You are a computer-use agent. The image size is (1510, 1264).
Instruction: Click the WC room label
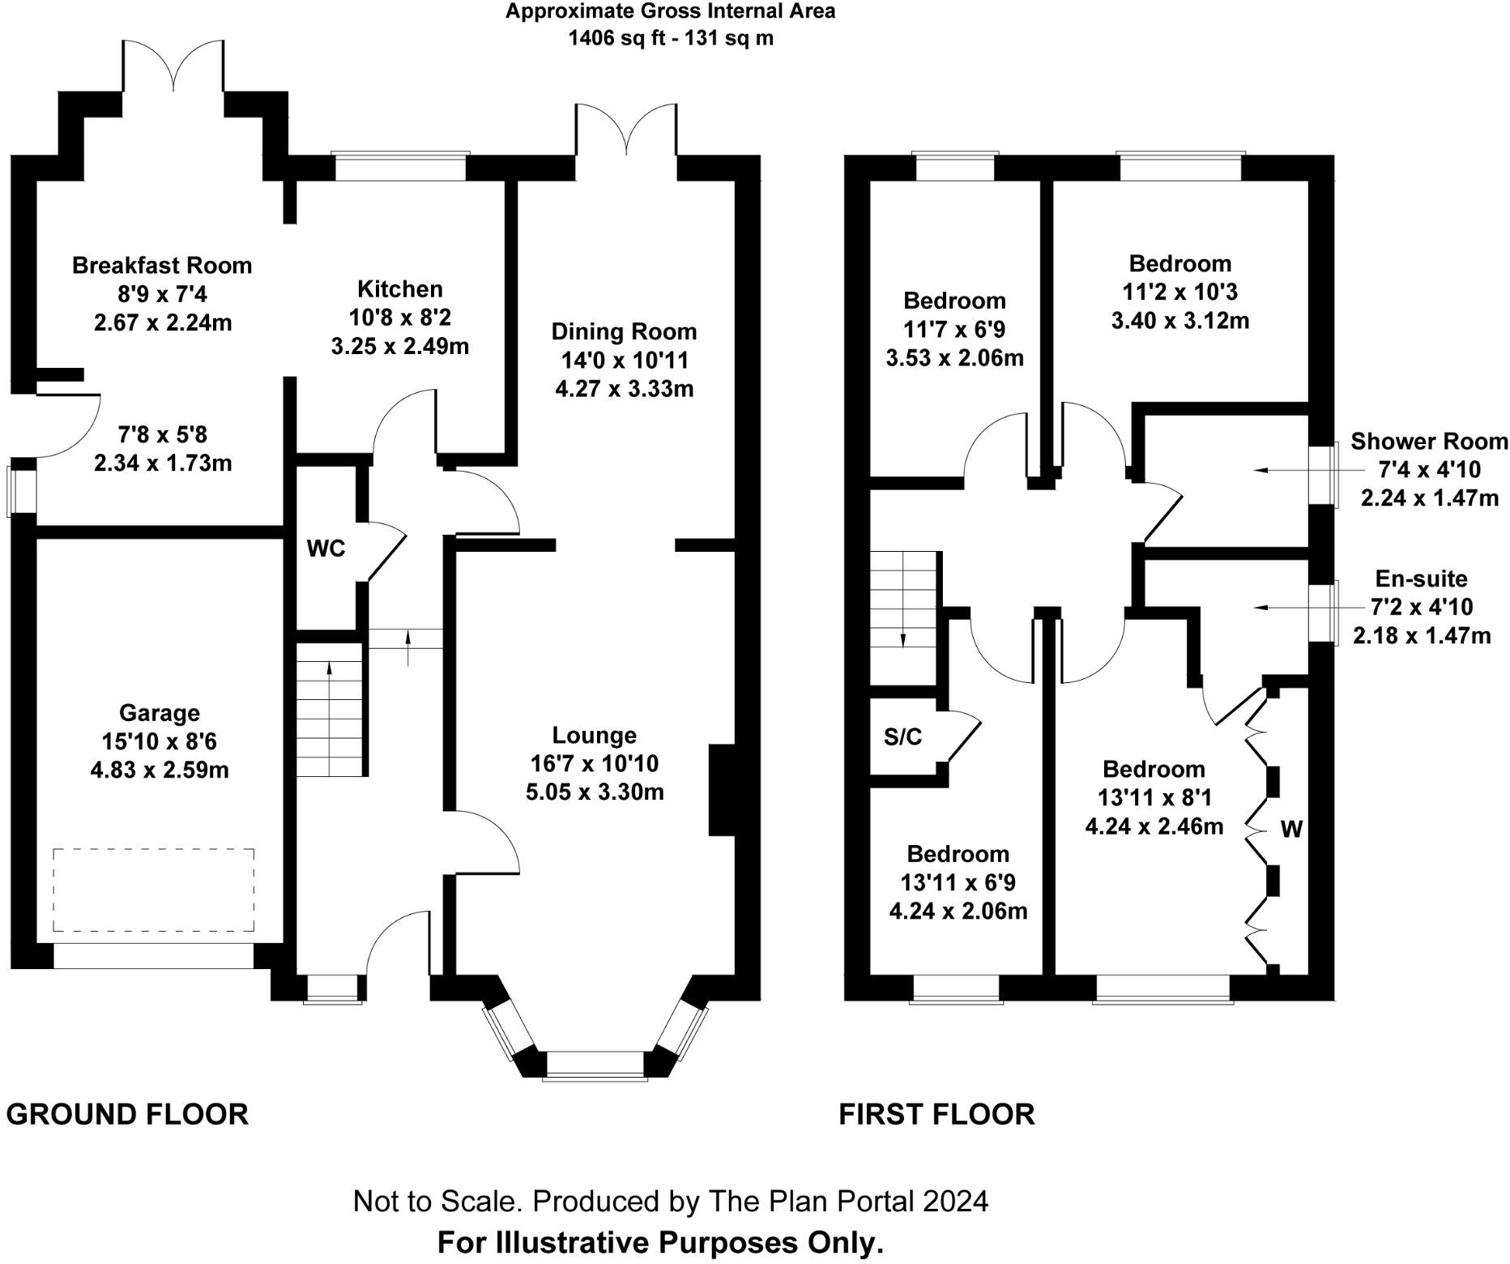click(326, 549)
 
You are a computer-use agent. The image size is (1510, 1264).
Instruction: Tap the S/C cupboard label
click(902, 737)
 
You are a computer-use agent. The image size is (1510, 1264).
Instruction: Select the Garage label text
click(159, 713)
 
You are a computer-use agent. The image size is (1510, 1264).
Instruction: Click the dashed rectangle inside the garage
click(153, 890)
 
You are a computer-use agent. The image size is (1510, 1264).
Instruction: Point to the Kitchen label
click(400, 289)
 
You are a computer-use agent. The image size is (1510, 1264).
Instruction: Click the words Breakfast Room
click(162, 265)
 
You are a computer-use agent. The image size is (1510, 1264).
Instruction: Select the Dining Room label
click(624, 331)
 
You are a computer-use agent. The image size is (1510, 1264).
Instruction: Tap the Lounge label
click(595, 736)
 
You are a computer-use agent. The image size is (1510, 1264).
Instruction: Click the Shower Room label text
click(1429, 442)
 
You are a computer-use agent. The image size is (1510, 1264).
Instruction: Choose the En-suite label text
click(1421, 579)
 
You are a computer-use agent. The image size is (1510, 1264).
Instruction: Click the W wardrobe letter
click(1291, 829)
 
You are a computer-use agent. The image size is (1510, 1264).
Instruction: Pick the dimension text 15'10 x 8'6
click(159, 741)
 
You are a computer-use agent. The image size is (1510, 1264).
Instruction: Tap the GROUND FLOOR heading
click(127, 1114)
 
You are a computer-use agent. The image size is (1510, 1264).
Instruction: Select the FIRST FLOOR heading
click(936, 1114)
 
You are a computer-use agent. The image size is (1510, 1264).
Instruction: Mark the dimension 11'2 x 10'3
click(1179, 292)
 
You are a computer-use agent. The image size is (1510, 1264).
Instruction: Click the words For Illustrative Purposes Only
click(660, 1242)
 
